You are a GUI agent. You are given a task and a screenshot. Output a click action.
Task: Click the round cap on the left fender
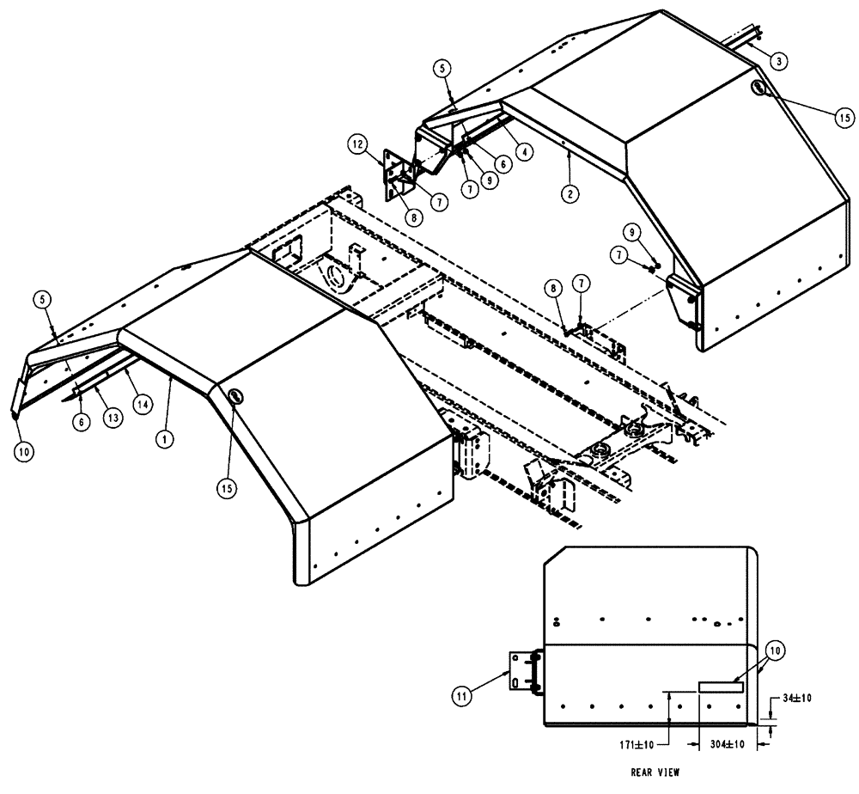[x=234, y=396]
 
